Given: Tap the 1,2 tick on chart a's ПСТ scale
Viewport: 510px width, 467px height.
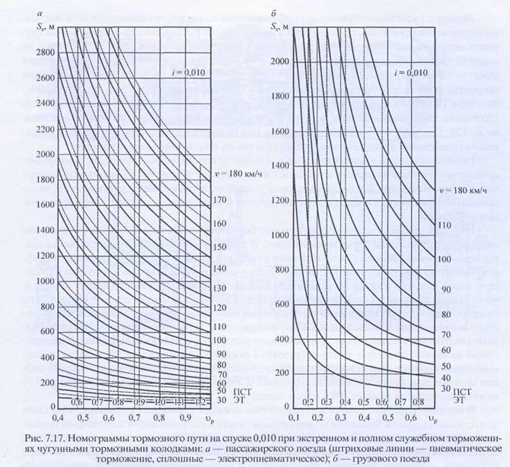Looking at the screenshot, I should [199, 401].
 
